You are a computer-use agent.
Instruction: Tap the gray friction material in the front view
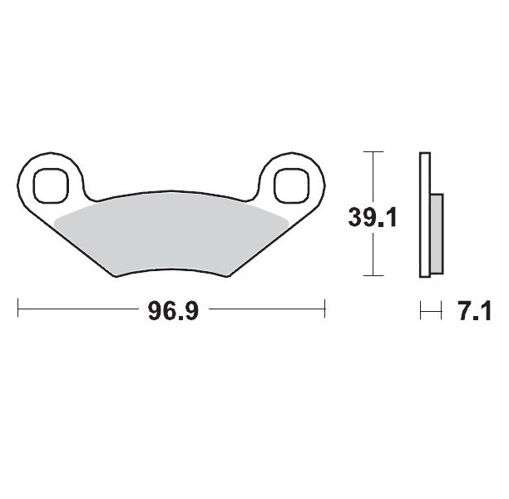coord(170,233)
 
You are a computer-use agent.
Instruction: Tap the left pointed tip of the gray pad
coord(54,218)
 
